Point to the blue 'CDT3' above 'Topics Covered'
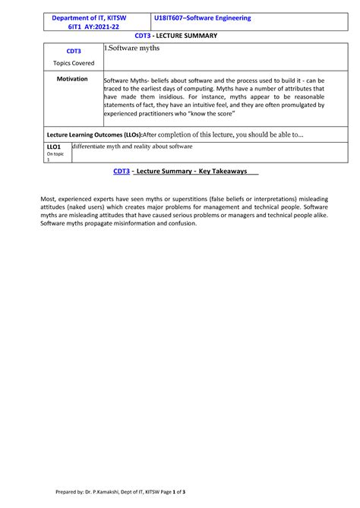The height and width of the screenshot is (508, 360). (74, 52)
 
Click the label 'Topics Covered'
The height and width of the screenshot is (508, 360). (74, 63)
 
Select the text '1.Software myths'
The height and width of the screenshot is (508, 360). (132, 48)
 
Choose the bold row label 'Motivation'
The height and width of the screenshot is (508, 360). (74, 79)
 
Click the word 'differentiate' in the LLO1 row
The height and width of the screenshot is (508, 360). (91, 147)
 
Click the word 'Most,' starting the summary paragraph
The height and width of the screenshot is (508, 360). (49, 199)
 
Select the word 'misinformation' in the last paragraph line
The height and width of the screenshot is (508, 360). (119, 224)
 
